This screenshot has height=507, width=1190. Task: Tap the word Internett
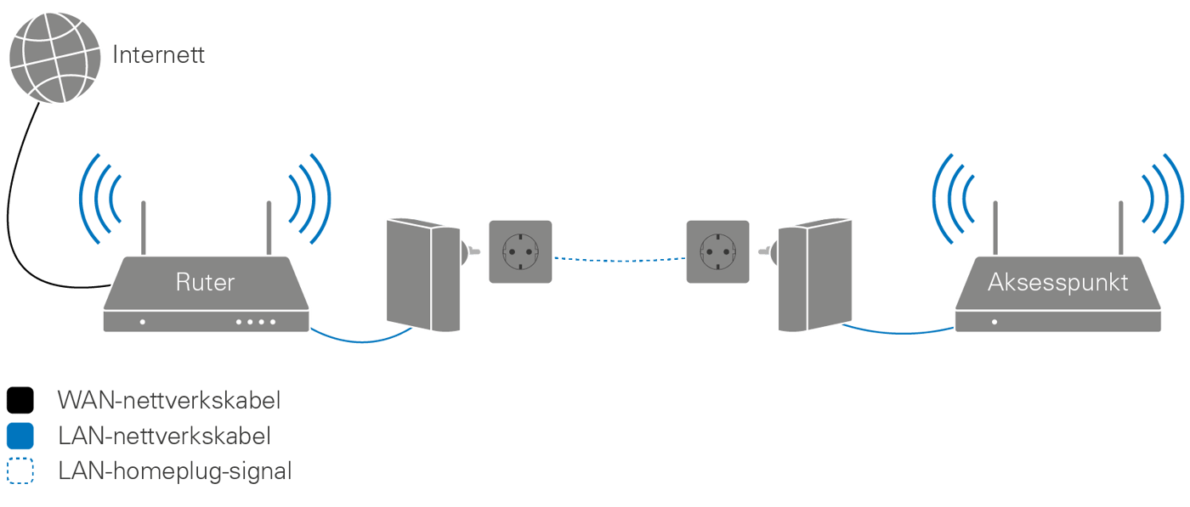click(159, 57)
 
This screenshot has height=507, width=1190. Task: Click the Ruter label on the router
click(204, 282)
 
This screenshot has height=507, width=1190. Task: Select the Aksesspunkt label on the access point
click(1057, 282)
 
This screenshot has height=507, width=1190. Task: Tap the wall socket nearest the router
click(519, 251)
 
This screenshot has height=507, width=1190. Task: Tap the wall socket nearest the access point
click(718, 251)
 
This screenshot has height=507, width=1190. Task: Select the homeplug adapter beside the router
click(416, 273)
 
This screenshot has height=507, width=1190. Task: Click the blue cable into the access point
click(901, 331)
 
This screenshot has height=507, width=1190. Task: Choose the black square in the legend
click(20, 400)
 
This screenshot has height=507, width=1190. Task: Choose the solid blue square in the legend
click(20, 437)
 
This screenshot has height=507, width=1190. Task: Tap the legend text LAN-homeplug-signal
click(174, 471)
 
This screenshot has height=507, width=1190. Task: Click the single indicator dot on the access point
click(994, 322)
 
